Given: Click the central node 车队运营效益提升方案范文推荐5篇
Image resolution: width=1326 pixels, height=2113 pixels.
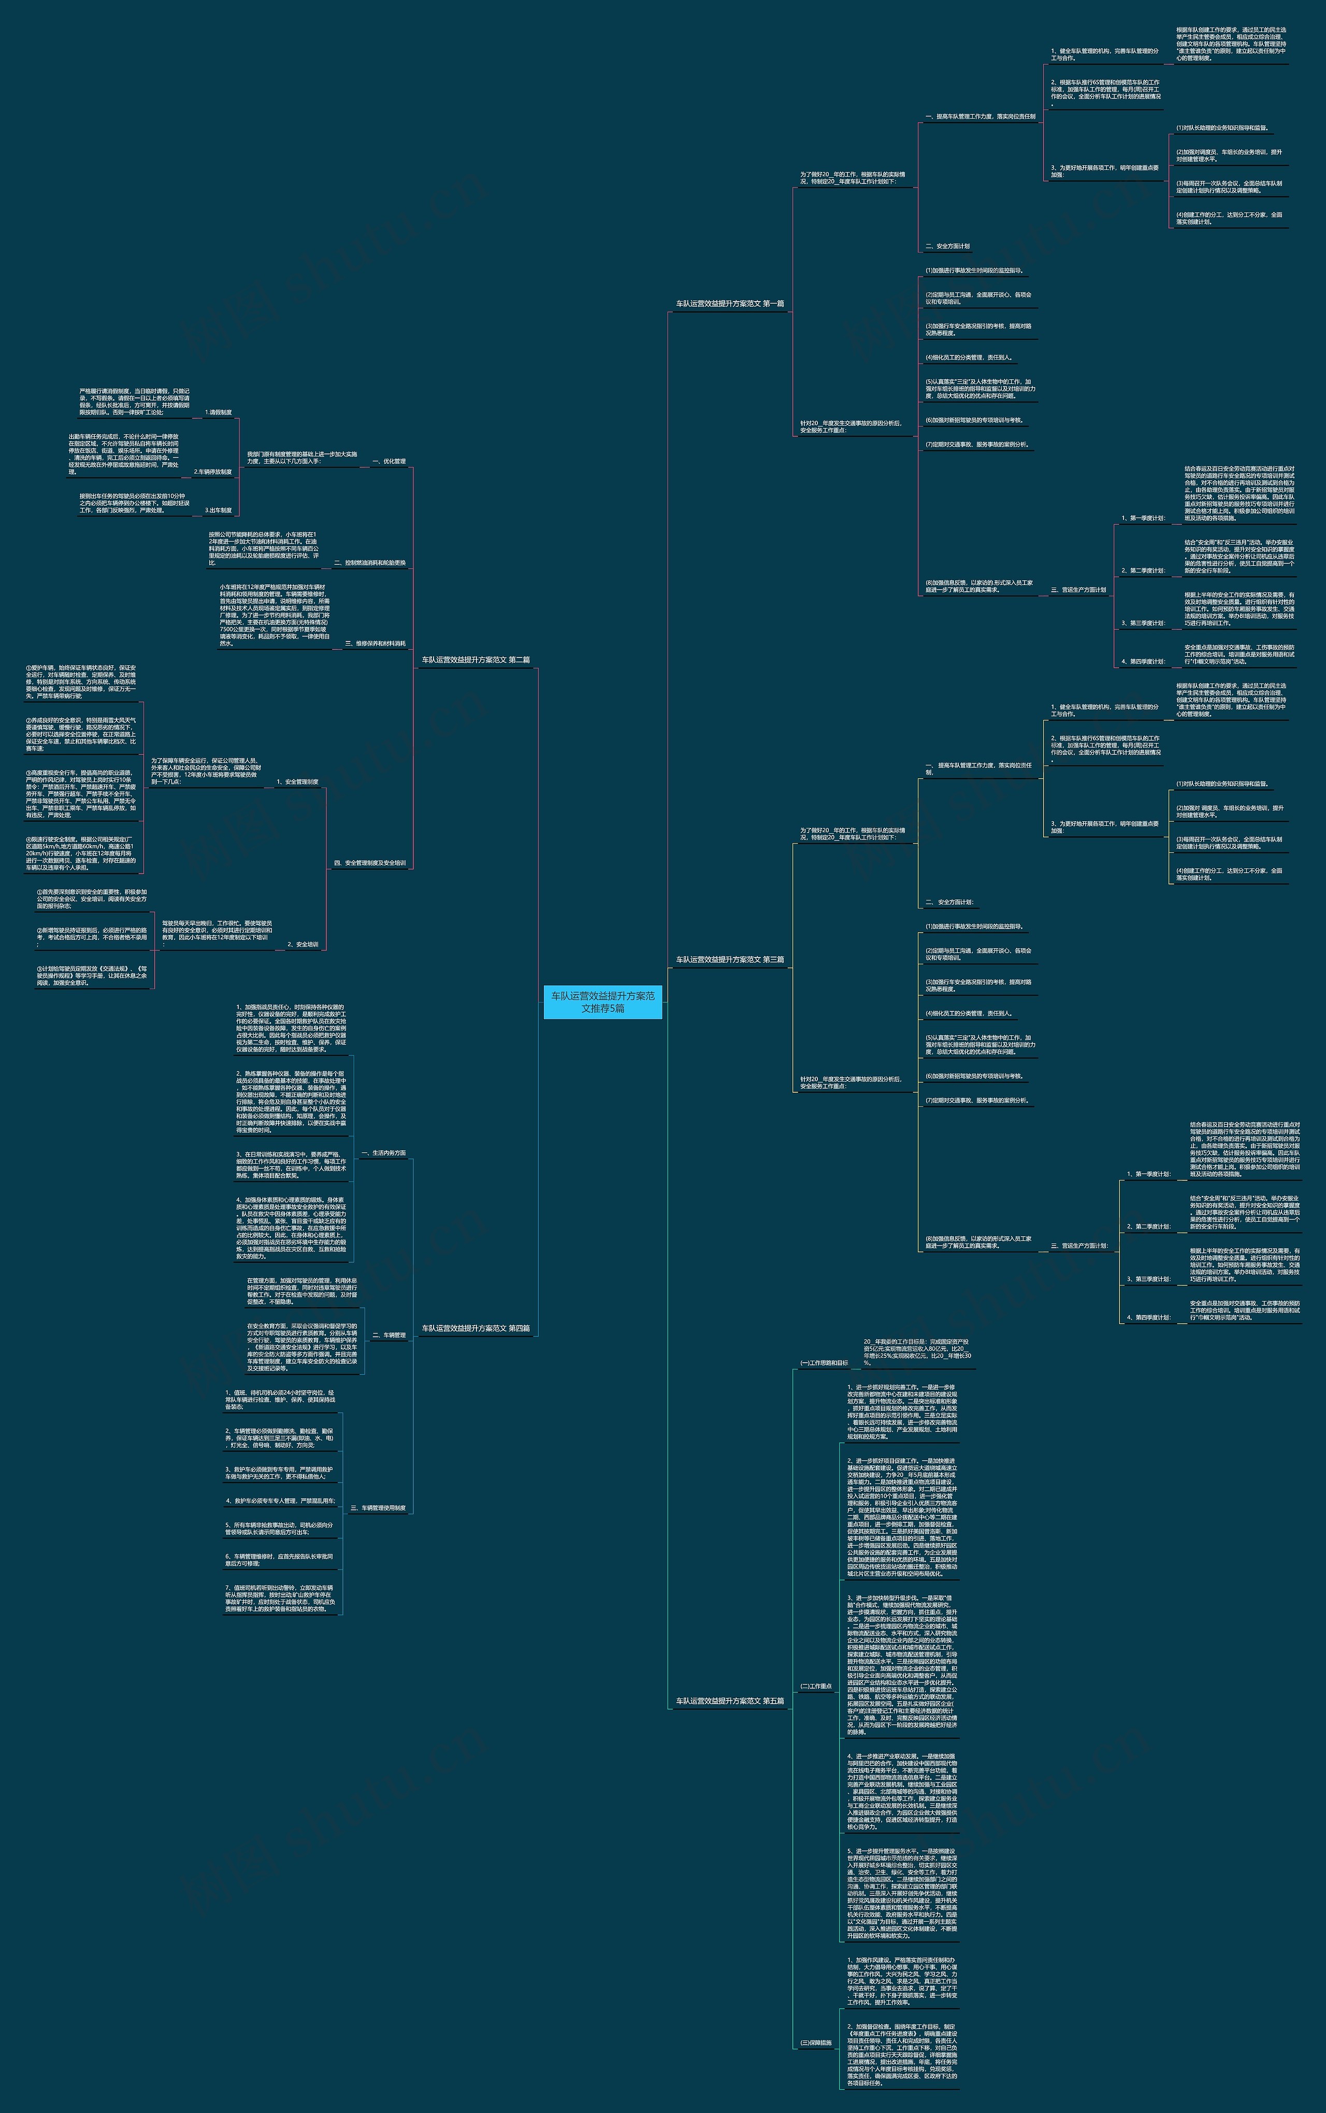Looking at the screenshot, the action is tap(602, 1002).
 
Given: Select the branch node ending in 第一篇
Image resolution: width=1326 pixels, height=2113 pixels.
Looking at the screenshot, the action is tap(730, 304).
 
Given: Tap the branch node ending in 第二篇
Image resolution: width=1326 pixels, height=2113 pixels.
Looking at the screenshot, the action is tap(475, 660).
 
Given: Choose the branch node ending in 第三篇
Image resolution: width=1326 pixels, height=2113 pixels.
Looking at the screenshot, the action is tap(730, 960).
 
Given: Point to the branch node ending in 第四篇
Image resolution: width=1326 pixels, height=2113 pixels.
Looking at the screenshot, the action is tap(475, 1328).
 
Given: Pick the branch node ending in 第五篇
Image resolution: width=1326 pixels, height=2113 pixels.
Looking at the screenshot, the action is tap(730, 1701).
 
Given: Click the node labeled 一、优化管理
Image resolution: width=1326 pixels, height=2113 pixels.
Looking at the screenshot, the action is tap(388, 461).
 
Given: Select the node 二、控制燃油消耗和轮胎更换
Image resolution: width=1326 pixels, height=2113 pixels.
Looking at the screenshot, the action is tap(369, 563).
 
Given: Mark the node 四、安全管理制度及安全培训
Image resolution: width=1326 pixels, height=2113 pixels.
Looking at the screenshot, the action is tap(369, 863).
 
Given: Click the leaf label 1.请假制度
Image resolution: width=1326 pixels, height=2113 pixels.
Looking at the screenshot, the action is tap(219, 412).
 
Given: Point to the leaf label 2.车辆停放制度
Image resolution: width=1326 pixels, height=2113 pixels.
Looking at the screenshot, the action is tap(213, 472).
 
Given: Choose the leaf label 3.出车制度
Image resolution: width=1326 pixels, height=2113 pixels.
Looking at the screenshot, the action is tap(219, 510).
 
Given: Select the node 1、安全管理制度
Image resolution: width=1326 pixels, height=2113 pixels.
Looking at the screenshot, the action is tap(297, 781).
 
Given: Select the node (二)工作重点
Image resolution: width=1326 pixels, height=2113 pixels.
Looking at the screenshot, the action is tap(816, 1686).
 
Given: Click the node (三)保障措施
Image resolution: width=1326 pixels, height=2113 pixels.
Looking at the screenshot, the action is tap(816, 2043).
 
